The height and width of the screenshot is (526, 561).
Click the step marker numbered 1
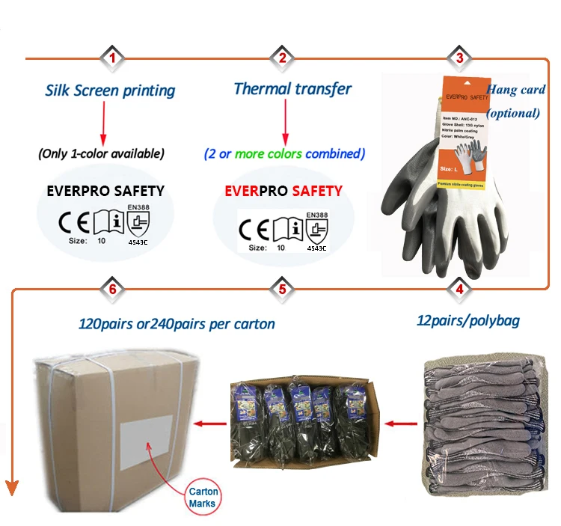tap(112, 58)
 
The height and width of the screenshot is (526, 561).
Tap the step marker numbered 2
tap(282, 58)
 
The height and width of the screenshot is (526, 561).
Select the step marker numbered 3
tap(459, 58)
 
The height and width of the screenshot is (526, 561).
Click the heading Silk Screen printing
tap(110, 91)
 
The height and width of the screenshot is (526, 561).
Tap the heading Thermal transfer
tap(292, 88)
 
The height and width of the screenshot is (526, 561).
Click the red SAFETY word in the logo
tap(317, 191)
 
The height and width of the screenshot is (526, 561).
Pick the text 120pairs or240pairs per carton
tap(177, 325)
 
